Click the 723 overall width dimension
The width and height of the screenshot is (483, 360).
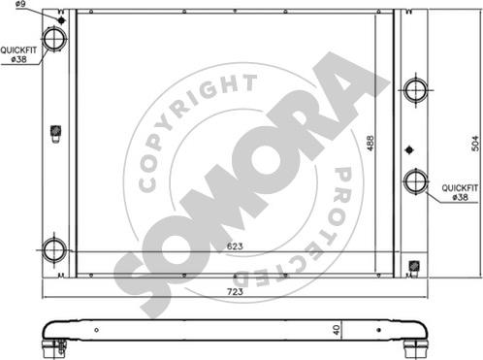[x=235, y=292]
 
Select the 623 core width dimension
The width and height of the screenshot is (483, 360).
[x=235, y=246]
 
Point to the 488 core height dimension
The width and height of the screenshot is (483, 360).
[x=370, y=143]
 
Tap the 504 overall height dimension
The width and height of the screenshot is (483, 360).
[x=475, y=143]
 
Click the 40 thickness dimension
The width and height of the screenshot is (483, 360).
[x=337, y=330]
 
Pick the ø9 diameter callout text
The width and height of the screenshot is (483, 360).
[x=20, y=4]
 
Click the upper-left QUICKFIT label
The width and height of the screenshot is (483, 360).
[x=18, y=50]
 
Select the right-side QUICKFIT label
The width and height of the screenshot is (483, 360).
[x=460, y=188]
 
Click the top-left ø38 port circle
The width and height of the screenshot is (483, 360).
[x=54, y=39]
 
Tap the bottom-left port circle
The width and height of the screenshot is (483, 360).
[x=54, y=250]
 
